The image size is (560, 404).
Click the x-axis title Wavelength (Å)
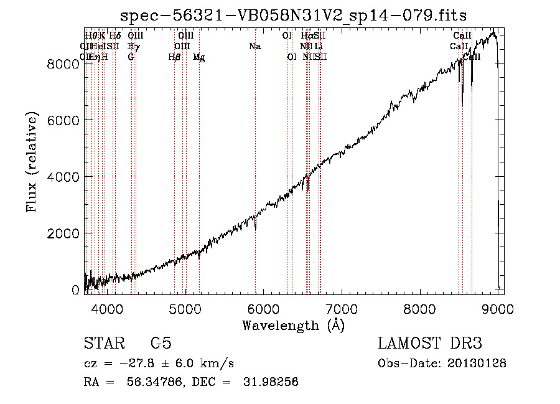click(293, 325)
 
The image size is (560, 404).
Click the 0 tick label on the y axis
click(75, 290)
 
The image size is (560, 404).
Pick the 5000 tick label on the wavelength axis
click(185, 308)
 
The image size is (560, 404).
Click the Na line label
click(254, 46)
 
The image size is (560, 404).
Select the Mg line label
click(198, 57)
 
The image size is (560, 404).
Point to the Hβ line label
click(174, 57)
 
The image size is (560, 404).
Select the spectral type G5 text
click(161, 344)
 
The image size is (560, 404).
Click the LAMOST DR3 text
click(429, 344)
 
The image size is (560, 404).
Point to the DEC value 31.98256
click(271, 382)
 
